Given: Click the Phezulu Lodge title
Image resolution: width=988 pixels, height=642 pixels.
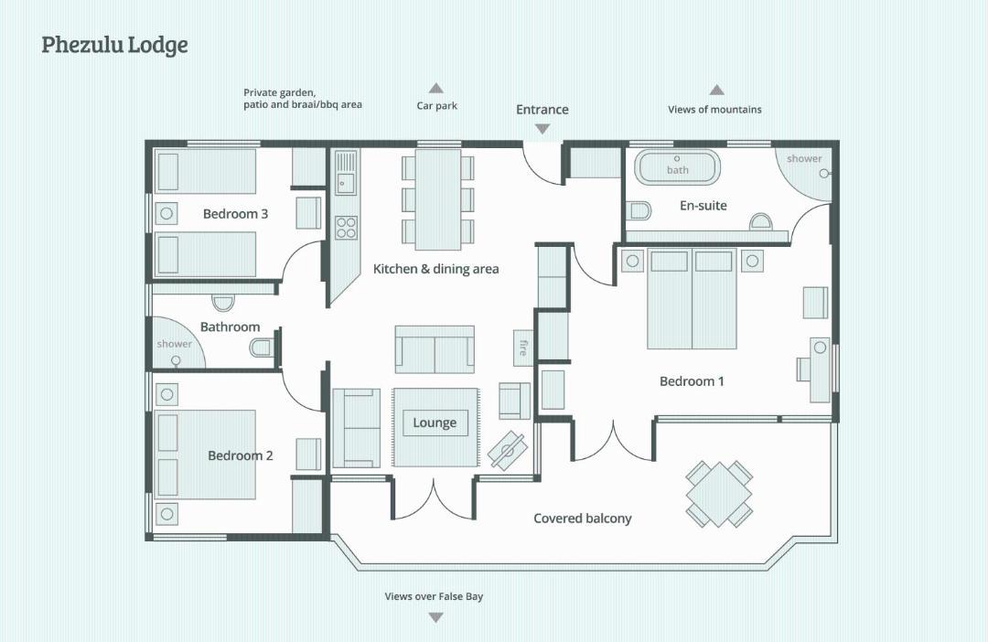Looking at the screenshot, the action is [x=114, y=46].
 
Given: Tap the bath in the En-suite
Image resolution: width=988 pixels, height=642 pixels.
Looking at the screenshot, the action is [x=677, y=167].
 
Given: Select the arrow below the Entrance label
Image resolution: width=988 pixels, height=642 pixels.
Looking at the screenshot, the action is [x=542, y=129].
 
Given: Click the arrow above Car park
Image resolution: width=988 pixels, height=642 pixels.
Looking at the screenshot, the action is [x=436, y=88].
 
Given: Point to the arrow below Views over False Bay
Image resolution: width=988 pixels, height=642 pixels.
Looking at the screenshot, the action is [x=435, y=618].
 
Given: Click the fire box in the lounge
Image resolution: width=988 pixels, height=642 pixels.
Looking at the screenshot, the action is [x=522, y=348].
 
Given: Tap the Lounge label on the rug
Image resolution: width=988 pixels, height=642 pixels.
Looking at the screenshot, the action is [x=435, y=423].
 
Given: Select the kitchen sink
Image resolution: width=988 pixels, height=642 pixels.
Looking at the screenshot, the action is [x=345, y=173].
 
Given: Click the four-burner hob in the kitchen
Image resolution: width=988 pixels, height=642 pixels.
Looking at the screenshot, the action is [x=346, y=228].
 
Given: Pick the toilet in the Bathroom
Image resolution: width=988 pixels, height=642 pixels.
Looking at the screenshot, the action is [x=263, y=347].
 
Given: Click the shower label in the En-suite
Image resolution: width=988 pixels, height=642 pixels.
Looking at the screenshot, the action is [x=804, y=159].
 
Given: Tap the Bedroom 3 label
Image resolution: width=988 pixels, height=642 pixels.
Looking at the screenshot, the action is [x=235, y=214].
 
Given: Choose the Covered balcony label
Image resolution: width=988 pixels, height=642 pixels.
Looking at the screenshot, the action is [x=582, y=519].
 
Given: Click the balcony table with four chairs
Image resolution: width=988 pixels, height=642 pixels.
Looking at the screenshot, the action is [x=719, y=494].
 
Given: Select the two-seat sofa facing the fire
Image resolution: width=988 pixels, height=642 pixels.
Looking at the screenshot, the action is [x=435, y=349].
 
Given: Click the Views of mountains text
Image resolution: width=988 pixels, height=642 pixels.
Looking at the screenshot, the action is [x=714, y=110].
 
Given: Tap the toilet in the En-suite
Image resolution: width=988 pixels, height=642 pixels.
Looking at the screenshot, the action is [x=639, y=210].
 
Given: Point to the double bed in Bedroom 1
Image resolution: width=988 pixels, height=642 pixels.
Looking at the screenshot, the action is [x=692, y=299].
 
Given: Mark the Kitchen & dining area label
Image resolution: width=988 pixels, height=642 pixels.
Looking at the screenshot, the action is [x=436, y=269].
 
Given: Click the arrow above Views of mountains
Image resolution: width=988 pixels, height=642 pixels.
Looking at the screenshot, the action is [x=716, y=90].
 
